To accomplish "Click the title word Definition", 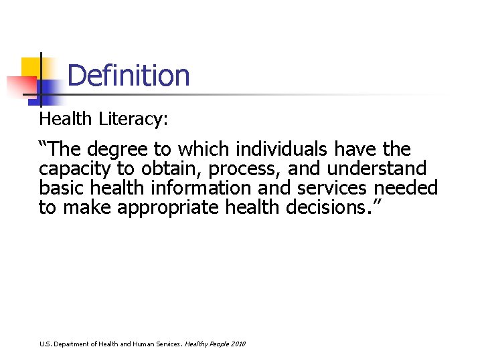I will (x=129, y=76).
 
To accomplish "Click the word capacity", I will (x=75, y=168).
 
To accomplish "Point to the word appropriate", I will (x=168, y=208).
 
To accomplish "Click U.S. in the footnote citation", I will (x=45, y=344).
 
